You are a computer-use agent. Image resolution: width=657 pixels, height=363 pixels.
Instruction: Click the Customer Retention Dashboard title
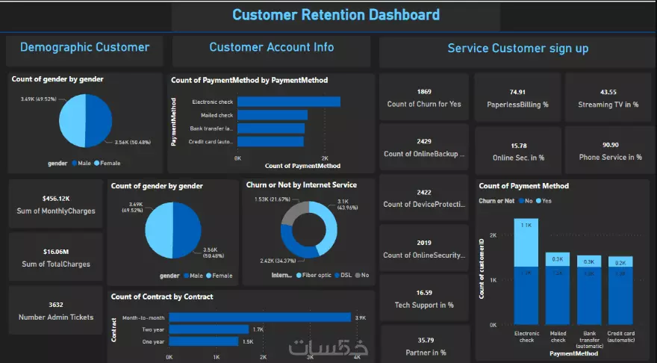(336, 14)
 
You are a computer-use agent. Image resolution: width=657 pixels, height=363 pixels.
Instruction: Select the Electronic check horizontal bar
(289, 102)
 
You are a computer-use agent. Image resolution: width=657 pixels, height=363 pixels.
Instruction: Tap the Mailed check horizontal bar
(273, 115)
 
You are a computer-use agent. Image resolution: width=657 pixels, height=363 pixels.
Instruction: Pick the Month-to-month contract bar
(260, 317)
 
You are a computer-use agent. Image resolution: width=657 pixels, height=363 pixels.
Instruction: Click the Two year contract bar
(208, 329)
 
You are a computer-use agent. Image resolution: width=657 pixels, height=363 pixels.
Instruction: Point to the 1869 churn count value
(424, 91)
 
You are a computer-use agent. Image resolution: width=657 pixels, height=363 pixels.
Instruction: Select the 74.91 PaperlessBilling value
(517, 91)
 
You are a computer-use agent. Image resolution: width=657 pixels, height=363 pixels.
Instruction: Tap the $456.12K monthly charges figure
(56, 198)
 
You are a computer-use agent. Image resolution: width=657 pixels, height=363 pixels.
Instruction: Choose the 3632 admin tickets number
(56, 304)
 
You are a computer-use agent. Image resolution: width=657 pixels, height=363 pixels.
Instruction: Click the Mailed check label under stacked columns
(558, 335)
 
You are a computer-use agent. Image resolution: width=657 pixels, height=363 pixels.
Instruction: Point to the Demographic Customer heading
(84, 47)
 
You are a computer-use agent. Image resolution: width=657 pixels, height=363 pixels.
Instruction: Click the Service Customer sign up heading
(517, 49)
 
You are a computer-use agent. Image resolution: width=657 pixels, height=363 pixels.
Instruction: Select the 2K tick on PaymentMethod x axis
(325, 158)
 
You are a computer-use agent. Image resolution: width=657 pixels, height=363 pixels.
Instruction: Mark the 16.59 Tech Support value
(424, 292)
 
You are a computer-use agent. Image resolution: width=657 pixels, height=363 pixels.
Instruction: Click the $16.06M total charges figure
(56, 251)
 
